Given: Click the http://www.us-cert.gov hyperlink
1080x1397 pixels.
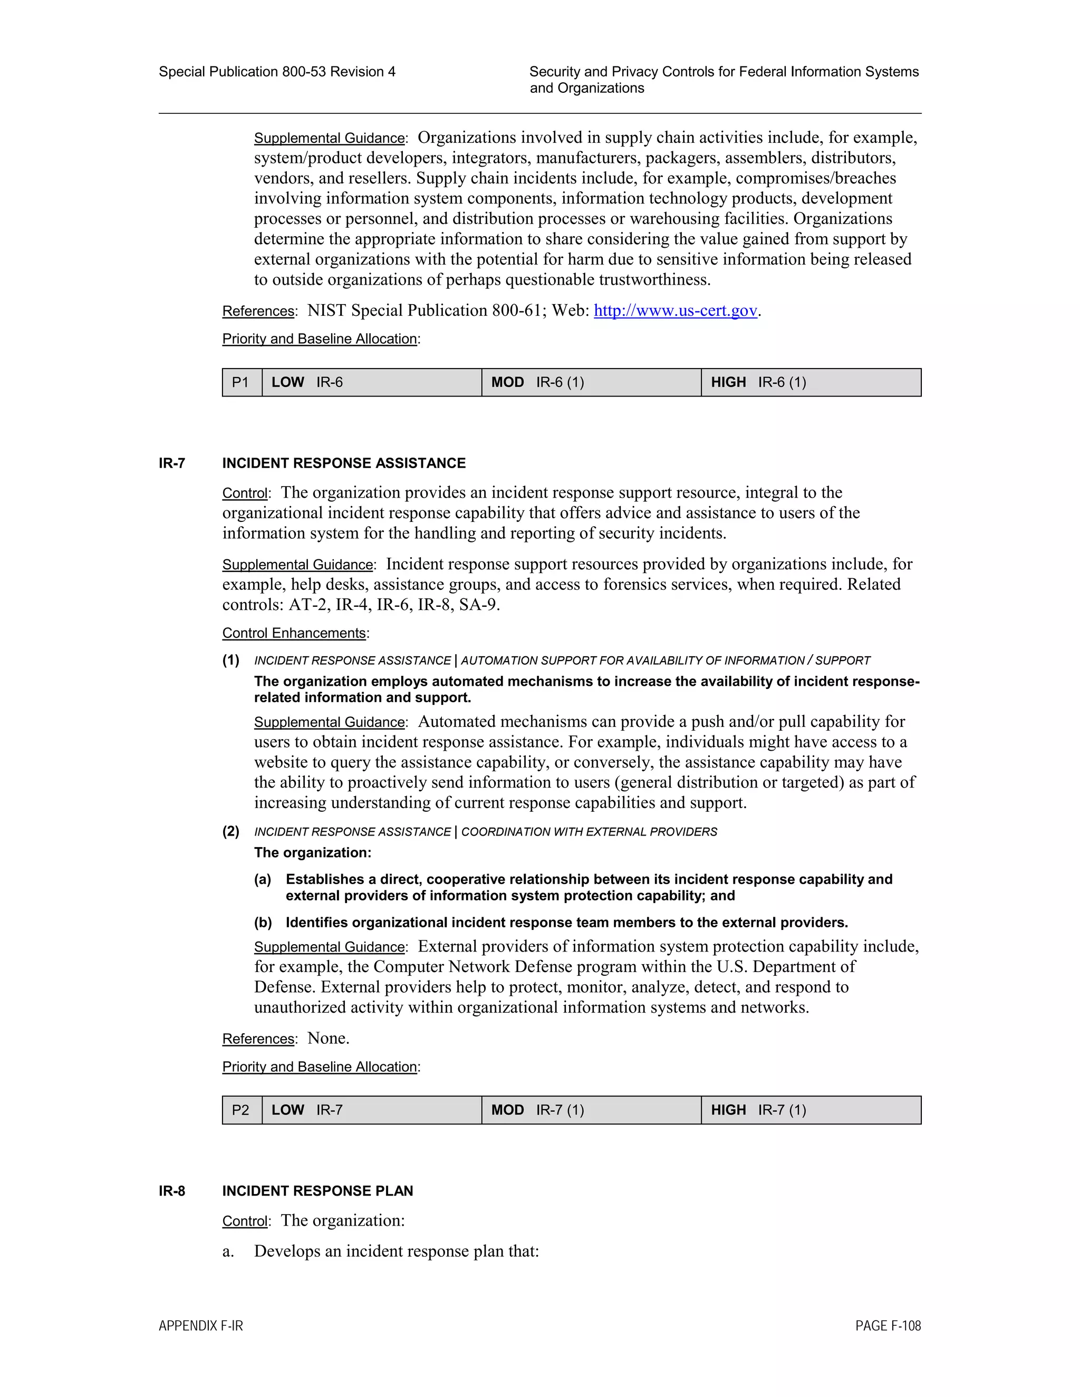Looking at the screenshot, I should pos(675,311).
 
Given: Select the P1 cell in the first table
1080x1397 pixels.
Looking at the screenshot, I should pos(241,383).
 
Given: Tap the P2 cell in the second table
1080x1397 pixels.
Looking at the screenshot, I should pos(241,1110).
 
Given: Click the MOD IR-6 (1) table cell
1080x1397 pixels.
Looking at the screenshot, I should pos(591,383).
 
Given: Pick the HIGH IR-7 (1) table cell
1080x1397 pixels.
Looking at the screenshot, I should pos(811,1110).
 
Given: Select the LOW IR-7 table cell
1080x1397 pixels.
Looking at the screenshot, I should pos(371,1110).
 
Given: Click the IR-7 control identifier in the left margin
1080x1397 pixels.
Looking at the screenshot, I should pos(171,463).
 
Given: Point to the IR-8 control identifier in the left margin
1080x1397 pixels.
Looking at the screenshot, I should pos(171,1191).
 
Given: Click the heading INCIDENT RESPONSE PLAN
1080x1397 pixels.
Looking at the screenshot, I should pos(317,1191).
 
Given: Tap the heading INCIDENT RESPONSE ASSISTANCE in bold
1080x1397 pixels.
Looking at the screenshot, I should pos(344,463).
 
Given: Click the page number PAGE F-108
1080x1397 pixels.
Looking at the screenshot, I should pos(888,1326).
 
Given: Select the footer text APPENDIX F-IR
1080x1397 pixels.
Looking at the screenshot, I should pos(201,1326).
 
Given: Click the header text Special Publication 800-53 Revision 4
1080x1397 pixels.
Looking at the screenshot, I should pos(276,72).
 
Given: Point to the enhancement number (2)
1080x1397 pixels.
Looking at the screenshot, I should pos(231,831).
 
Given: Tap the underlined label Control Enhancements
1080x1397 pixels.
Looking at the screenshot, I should pos(294,633).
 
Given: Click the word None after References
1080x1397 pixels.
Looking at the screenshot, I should pos(327,1038).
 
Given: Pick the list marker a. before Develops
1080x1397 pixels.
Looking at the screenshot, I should pos(228,1252).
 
